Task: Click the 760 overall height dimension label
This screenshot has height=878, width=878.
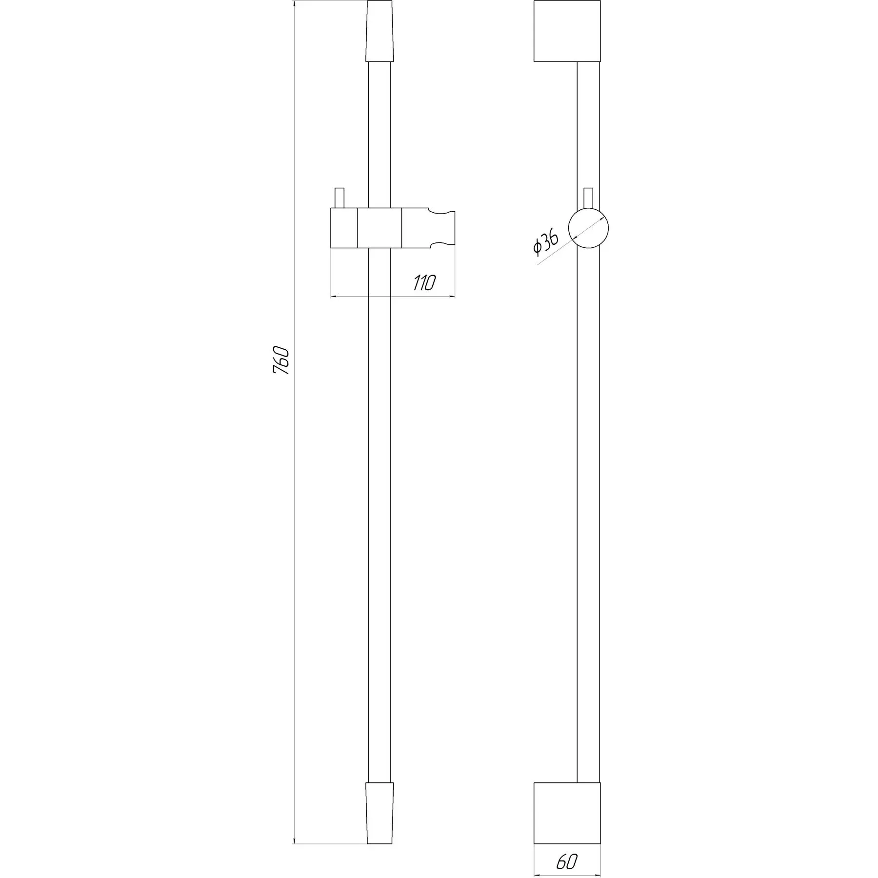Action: click(x=281, y=360)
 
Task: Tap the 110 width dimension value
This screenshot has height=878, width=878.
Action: click(x=424, y=283)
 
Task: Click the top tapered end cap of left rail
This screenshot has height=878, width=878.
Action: click(x=379, y=31)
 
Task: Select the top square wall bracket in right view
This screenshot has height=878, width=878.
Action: click(x=567, y=31)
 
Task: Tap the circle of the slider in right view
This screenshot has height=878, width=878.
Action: click(x=589, y=228)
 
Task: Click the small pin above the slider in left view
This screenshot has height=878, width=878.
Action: click(x=339, y=198)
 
